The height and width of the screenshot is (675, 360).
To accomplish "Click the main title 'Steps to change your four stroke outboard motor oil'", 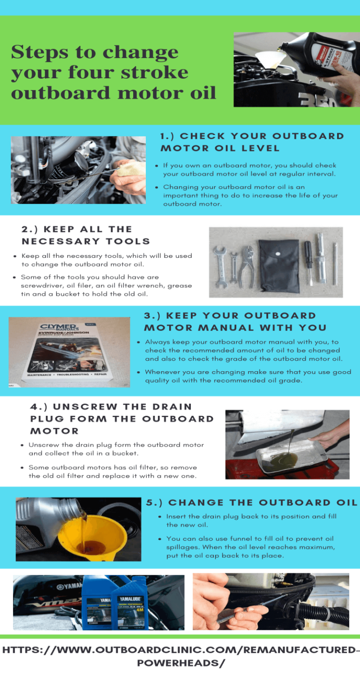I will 113,72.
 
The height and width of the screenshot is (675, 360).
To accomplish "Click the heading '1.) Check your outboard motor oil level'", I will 252,142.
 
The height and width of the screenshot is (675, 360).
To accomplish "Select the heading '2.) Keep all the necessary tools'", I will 86,235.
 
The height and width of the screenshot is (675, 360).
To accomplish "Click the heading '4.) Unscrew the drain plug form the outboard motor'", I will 122,419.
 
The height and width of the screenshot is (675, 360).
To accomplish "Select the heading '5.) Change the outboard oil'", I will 252,502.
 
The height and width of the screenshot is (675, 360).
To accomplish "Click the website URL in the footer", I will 180,656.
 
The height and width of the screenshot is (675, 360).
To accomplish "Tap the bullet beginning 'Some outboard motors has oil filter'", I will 112,472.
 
